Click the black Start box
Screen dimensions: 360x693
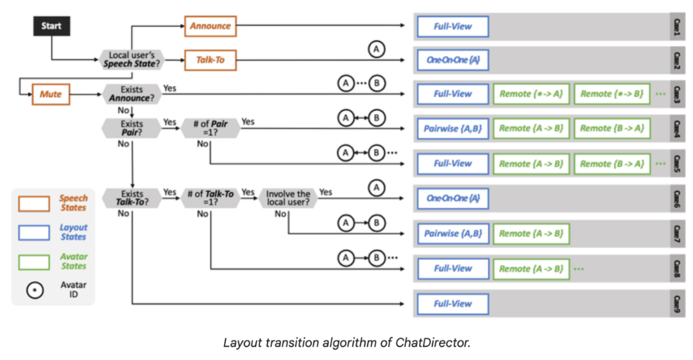(x=51, y=26)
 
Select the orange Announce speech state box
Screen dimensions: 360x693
(x=210, y=26)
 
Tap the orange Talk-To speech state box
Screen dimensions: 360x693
(x=210, y=61)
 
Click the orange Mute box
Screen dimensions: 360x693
(x=51, y=94)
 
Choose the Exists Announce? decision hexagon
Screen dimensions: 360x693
(x=131, y=94)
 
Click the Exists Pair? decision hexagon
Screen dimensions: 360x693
(x=131, y=128)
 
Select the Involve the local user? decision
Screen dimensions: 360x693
(x=288, y=198)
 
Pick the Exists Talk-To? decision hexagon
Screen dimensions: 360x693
(x=131, y=198)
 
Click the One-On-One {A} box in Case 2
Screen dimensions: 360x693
(x=452, y=60)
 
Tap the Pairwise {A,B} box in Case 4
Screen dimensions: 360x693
(x=452, y=128)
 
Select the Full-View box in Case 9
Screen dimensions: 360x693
(x=452, y=304)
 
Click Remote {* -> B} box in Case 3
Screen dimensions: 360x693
(x=612, y=94)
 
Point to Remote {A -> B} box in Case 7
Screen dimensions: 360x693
(x=531, y=234)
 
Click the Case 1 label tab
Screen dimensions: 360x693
(x=677, y=26)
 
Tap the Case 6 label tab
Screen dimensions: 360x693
(x=677, y=198)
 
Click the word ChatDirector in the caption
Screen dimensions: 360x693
(x=442, y=342)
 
